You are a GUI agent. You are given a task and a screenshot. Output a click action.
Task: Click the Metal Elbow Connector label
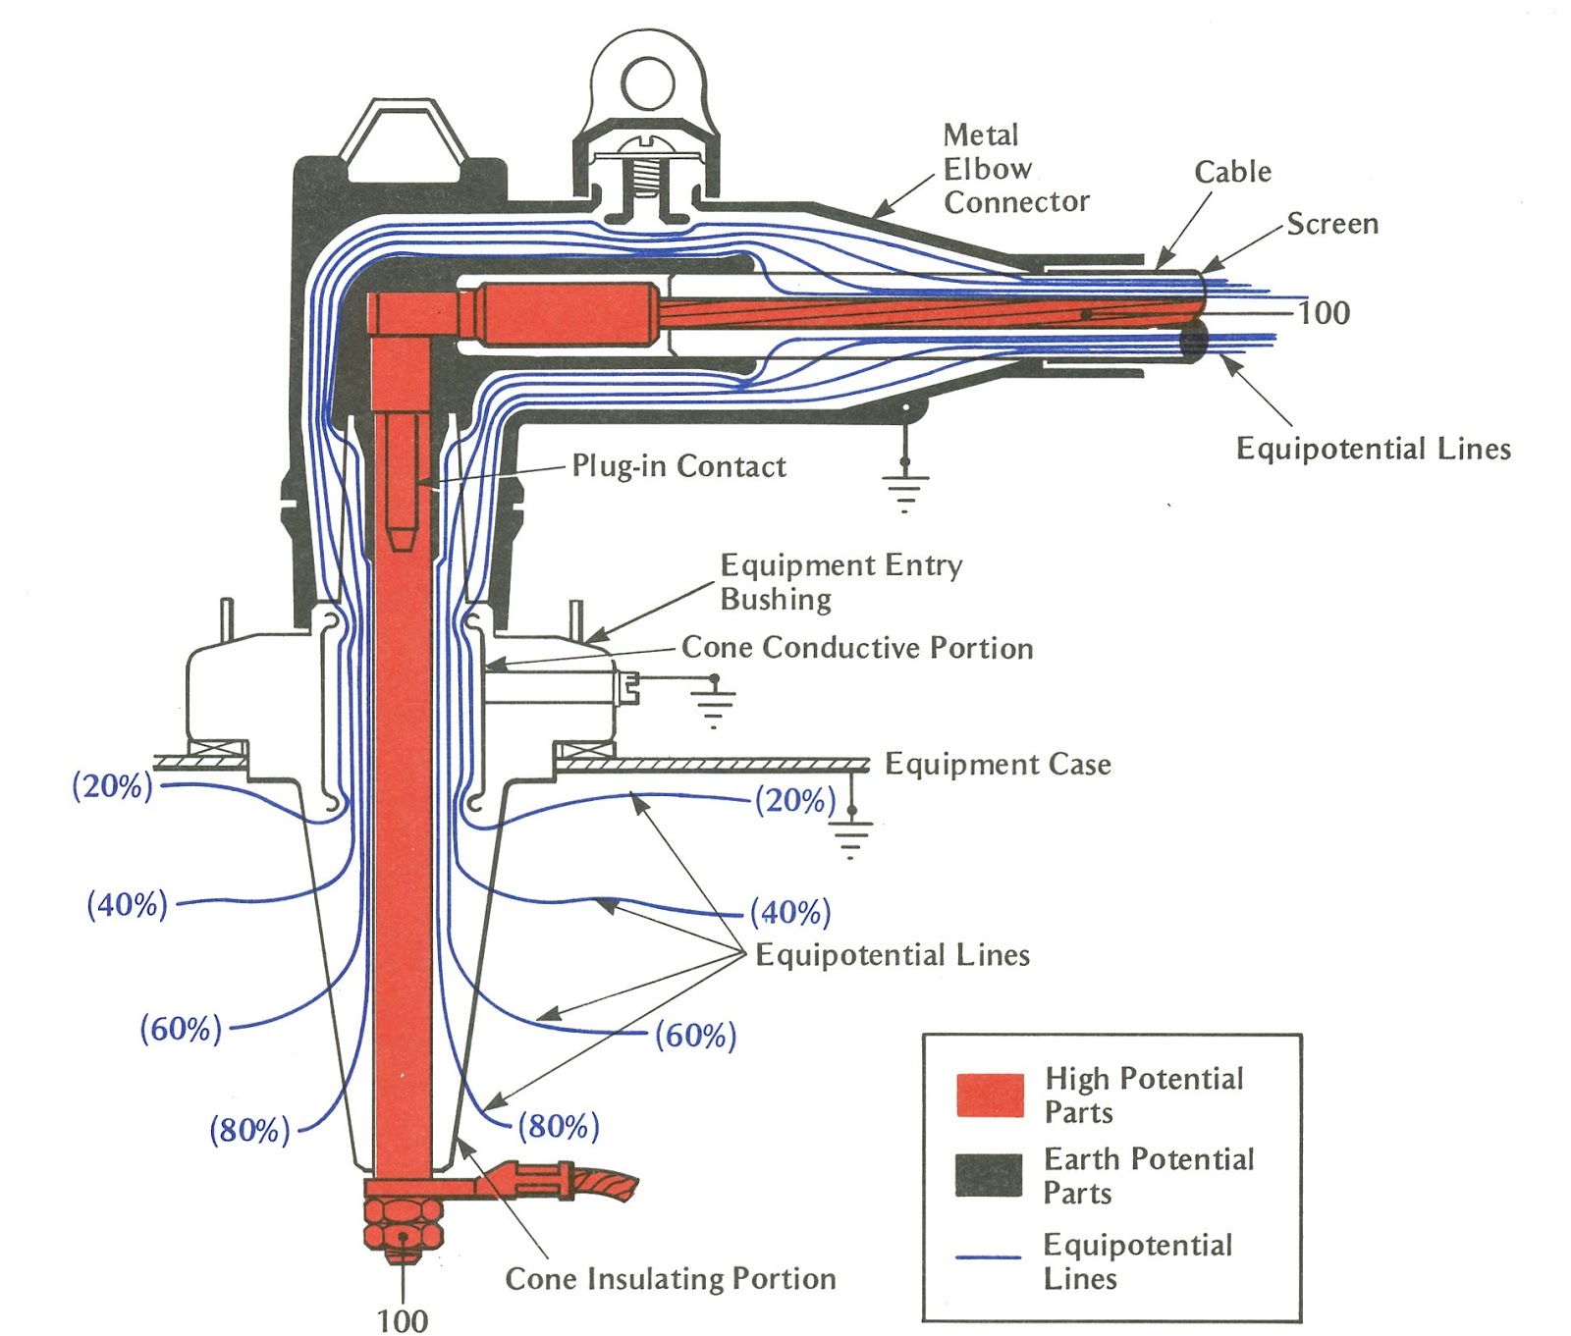pyautogui.click(x=1015, y=169)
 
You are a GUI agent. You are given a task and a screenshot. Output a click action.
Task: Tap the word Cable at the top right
pyautogui.click(x=1232, y=172)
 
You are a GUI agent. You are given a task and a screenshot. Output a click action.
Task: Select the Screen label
pyautogui.click(x=1332, y=224)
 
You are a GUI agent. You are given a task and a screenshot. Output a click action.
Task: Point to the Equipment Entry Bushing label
pyautogui.click(x=840, y=581)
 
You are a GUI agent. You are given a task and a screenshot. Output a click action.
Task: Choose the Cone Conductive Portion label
pyautogui.click(x=857, y=648)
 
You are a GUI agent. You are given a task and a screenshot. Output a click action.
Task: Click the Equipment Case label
pyautogui.click(x=998, y=764)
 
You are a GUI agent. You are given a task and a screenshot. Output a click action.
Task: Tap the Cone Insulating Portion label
pyautogui.click(x=671, y=1278)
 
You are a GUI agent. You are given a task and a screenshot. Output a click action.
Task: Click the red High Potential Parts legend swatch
pyautogui.click(x=989, y=1095)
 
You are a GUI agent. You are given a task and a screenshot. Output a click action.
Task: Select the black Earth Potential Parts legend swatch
pyautogui.click(x=989, y=1175)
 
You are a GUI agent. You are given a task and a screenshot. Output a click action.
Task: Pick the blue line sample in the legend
pyautogui.click(x=989, y=1256)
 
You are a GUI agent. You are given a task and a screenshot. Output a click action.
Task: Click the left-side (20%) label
pyautogui.click(x=113, y=786)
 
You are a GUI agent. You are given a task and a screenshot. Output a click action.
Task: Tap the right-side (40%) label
pyautogui.click(x=790, y=912)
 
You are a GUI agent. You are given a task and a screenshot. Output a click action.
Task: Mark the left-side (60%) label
pyautogui.click(x=181, y=1029)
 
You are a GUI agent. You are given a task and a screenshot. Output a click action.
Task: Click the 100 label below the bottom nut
pyautogui.click(x=403, y=1320)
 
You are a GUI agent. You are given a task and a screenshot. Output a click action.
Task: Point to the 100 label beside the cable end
pyautogui.click(x=1324, y=313)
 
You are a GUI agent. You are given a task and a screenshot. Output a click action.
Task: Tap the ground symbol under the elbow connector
pyautogui.click(x=904, y=487)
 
